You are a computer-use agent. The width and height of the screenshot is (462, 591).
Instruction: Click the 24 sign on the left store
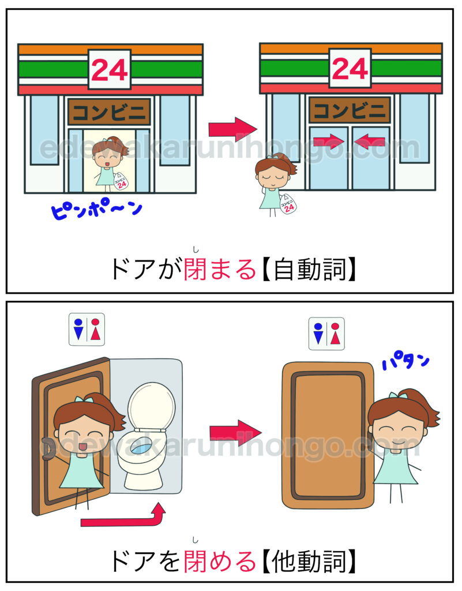[109, 70]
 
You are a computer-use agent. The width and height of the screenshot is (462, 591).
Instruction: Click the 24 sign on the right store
[350, 68]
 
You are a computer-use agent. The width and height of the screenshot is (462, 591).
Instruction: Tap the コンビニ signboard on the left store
[109, 111]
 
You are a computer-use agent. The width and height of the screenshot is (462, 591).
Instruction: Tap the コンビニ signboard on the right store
[350, 110]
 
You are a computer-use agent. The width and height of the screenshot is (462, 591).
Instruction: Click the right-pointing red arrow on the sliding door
[329, 141]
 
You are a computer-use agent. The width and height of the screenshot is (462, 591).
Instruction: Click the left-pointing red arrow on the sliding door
[370, 141]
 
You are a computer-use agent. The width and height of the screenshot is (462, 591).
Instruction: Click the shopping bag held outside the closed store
[288, 204]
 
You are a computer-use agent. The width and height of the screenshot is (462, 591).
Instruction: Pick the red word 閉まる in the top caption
[220, 270]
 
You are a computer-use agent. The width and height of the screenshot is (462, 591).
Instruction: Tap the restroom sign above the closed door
[326, 334]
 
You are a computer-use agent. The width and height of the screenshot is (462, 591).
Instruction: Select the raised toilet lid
[151, 406]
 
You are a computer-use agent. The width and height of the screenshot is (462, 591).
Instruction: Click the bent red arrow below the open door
[124, 519]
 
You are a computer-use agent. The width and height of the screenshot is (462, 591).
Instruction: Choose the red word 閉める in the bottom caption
[220, 562]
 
